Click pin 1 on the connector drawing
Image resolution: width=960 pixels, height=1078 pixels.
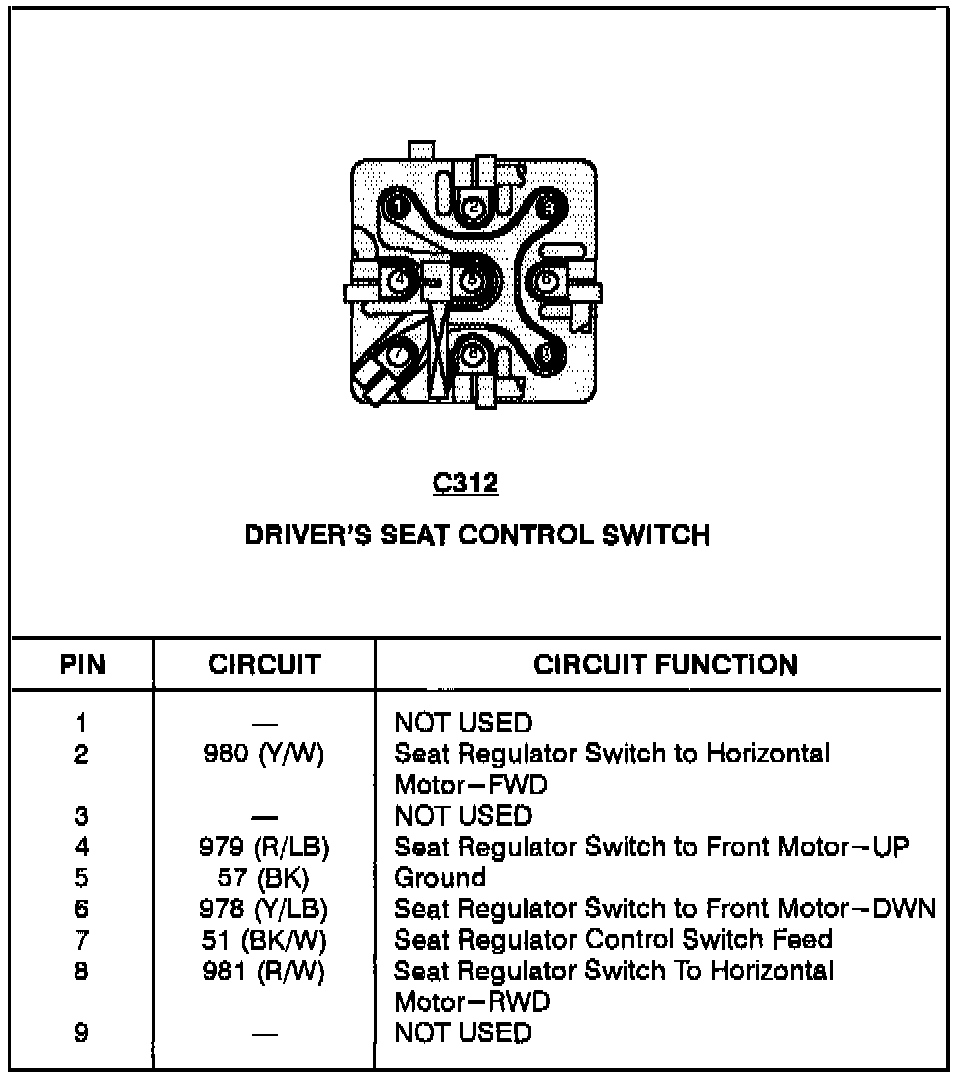tap(398, 207)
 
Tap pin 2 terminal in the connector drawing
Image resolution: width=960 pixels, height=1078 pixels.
tap(474, 207)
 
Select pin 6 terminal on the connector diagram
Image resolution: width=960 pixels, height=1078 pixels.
tap(546, 282)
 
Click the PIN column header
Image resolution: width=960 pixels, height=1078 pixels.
tap(82, 665)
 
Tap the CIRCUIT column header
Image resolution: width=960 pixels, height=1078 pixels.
tap(264, 665)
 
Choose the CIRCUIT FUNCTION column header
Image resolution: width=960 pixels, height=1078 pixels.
tap(665, 665)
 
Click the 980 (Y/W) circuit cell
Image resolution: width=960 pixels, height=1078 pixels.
tap(264, 754)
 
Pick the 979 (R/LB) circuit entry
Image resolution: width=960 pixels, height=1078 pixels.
tap(264, 848)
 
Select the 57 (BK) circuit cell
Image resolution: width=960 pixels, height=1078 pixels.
tap(264, 879)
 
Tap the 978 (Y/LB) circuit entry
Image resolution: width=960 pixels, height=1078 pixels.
tap(264, 910)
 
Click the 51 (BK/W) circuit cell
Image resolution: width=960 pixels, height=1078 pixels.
tap(264, 941)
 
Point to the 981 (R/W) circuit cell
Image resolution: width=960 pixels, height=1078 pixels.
tap(264, 972)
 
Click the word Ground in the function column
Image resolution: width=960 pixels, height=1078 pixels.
tap(440, 879)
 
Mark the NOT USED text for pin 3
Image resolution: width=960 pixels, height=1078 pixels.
tap(463, 816)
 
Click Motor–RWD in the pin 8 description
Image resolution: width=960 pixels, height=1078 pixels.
tap(472, 1002)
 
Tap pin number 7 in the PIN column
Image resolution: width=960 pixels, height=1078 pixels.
tap(82, 941)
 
